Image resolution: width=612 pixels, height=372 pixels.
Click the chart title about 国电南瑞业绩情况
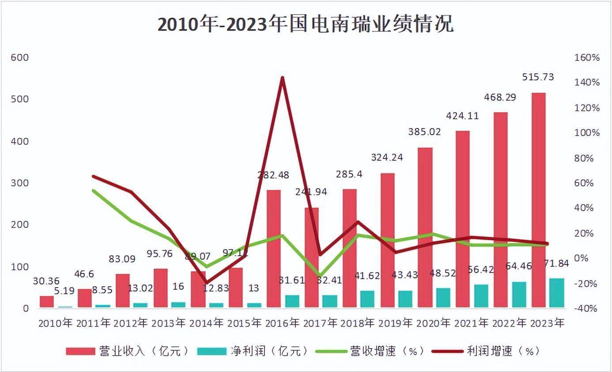click(306, 25)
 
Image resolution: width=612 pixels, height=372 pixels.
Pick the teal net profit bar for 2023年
click(556, 292)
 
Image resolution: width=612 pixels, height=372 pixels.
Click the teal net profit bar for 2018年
click(367, 299)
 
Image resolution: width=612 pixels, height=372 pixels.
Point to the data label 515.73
click(538, 77)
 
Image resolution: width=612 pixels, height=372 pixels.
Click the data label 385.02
click(424, 131)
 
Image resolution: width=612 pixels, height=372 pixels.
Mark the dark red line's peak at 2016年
click(282, 78)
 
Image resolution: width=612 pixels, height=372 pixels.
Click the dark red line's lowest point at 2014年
click(206, 282)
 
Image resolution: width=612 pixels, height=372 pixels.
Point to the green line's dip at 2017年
click(320, 275)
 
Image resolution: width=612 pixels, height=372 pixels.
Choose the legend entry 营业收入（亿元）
click(128, 351)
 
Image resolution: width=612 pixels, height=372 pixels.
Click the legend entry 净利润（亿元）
click(252, 351)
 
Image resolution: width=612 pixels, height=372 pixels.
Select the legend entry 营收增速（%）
click(371, 351)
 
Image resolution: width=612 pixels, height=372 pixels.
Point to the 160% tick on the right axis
click(586, 57)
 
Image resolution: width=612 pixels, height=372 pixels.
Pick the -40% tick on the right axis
click(586, 308)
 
